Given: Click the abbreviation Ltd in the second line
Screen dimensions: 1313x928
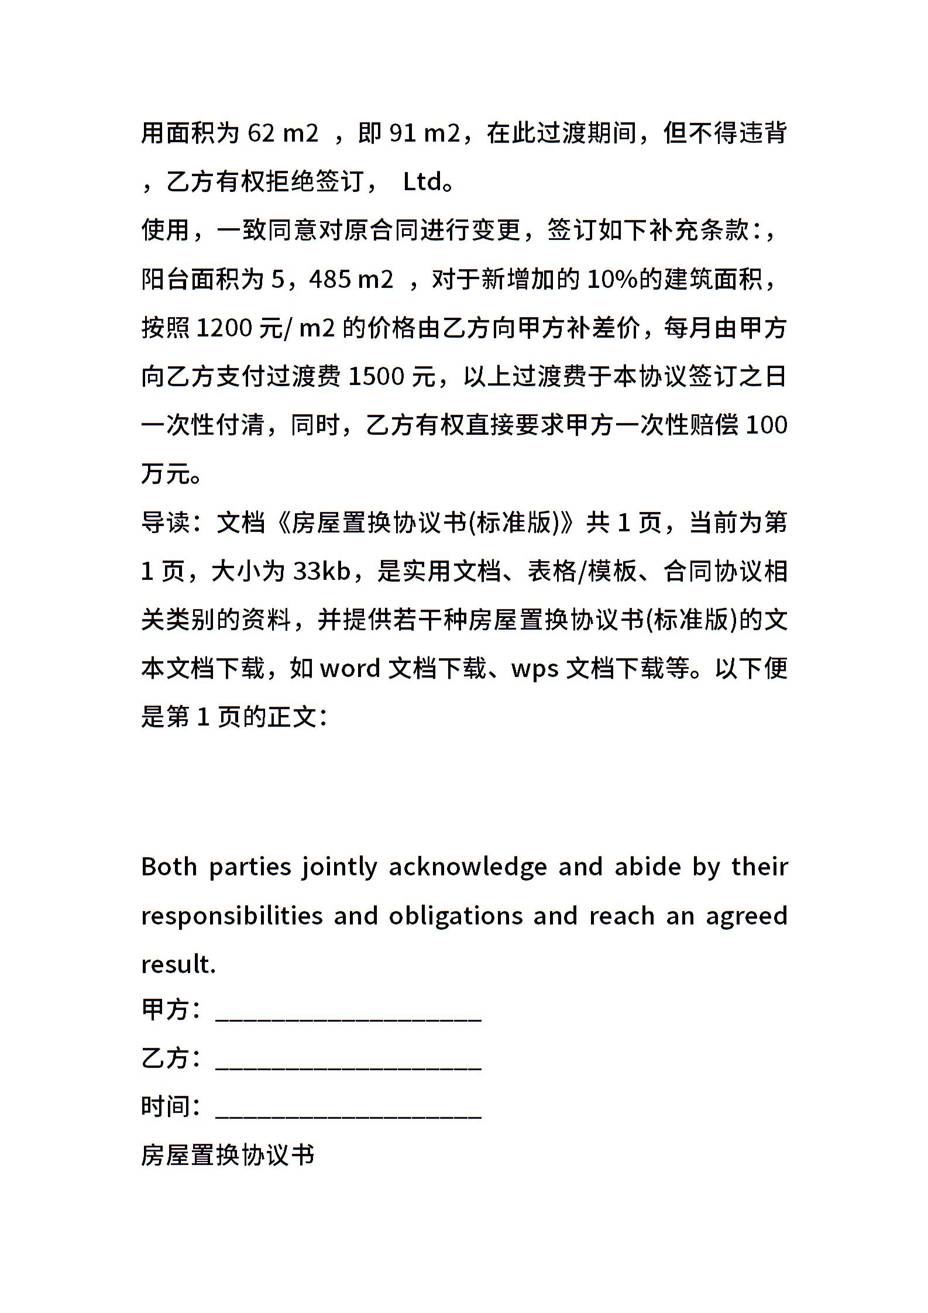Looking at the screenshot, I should [422, 182].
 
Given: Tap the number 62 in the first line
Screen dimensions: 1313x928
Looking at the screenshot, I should [261, 133].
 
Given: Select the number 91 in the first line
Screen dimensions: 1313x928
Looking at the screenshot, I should [403, 133].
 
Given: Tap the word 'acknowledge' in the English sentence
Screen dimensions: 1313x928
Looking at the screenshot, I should [468, 867].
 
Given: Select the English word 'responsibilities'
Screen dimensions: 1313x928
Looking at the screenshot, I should [232, 915].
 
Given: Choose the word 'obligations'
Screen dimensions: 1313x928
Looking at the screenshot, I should [456, 915].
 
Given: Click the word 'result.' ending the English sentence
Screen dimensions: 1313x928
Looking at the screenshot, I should [178, 964].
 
